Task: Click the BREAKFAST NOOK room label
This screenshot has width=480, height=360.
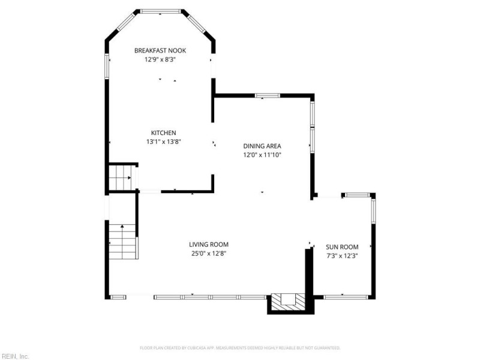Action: click(x=160, y=50)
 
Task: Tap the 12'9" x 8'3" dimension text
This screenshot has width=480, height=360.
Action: click(x=160, y=59)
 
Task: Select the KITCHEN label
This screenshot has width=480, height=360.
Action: click(x=163, y=133)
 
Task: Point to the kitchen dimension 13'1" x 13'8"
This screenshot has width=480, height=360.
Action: click(x=163, y=142)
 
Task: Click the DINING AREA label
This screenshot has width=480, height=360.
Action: click(x=262, y=146)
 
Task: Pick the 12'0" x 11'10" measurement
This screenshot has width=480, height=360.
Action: click(x=262, y=155)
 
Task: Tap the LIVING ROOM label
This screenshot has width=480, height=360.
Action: click(x=208, y=244)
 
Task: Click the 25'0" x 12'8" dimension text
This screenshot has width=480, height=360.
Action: click(x=208, y=253)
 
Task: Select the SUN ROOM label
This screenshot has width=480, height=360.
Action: click(x=342, y=247)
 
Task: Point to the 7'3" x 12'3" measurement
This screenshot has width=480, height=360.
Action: click(x=342, y=256)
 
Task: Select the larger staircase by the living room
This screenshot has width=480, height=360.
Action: click(x=122, y=240)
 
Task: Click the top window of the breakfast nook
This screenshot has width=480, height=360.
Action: click(x=160, y=11)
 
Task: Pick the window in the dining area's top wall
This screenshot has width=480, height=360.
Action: click(x=267, y=95)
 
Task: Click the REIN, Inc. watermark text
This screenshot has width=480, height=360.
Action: click(x=15, y=356)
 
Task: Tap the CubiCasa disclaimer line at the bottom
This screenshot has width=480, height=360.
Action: click(x=240, y=347)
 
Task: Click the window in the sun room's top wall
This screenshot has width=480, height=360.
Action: click(x=358, y=194)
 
